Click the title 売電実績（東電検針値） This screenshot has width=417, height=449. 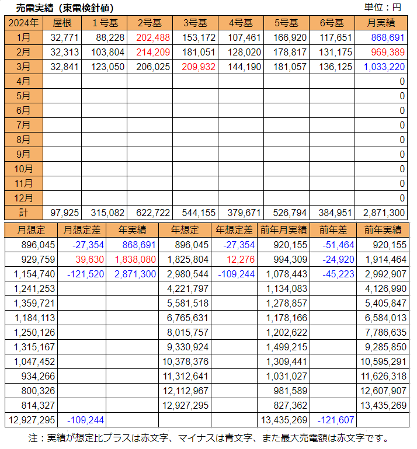tap(65, 8)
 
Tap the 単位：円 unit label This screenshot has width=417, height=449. tap(383, 8)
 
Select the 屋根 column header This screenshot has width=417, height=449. tap(62, 23)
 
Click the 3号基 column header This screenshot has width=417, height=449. tap(195, 23)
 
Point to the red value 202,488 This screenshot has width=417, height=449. tap(154, 38)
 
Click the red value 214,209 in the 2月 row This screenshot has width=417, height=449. tap(154, 53)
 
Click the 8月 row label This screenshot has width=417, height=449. tap(23, 140)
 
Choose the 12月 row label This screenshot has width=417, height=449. tap(23, 198)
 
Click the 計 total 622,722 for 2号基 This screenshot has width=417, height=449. tap(154, 213)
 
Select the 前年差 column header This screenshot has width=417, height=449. tap(332, 230)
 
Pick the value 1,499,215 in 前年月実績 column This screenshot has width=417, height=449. tap(287, 347)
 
